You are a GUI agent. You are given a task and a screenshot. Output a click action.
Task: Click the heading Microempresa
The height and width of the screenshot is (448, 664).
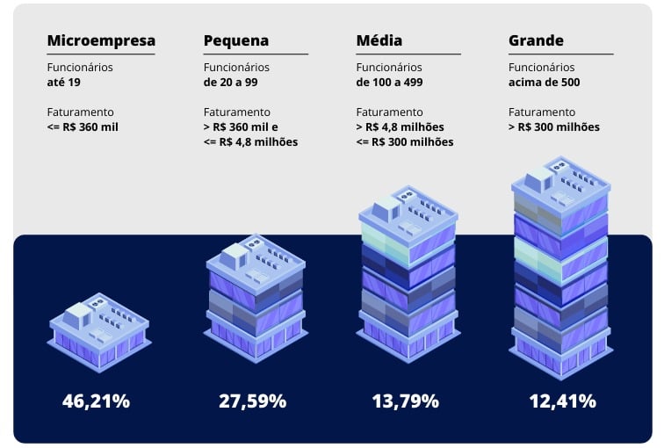(x=101, y=40)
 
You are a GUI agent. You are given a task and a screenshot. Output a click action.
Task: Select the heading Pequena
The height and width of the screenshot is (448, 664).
(x=236, y=40)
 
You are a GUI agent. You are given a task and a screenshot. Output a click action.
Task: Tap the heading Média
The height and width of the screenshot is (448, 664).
(x=380, y=40)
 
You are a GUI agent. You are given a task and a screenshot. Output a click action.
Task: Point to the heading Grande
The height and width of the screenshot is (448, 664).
(x=536, y=40)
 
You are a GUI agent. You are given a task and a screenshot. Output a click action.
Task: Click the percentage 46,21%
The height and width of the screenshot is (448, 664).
(x=96, y=401)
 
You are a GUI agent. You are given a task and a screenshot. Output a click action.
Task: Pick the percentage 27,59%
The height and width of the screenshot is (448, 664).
(x=252, y=401)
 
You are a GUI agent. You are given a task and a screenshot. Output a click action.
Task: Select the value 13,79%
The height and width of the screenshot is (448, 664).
(x=405, y=401)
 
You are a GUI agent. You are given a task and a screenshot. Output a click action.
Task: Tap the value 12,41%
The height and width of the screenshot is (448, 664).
(x=562, y=401)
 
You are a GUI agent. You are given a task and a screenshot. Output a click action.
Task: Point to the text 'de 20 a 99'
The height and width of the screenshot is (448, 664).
(x=234, y=83)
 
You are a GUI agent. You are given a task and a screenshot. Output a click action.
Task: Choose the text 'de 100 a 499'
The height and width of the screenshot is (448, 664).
(x=393, y=83)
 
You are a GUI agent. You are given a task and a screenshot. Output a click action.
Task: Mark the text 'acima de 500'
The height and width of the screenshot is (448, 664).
(x=545, y=83)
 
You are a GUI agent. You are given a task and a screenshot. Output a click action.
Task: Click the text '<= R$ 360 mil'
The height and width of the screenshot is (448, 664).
(x=83, y=127)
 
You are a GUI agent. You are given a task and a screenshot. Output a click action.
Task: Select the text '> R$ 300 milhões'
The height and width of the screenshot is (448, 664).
(x=554, y=127)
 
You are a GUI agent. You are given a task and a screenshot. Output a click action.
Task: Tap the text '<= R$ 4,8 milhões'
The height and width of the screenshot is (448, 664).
(x=250, y=141)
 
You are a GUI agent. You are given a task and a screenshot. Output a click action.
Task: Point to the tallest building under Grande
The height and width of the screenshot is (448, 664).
(x=559, y=264)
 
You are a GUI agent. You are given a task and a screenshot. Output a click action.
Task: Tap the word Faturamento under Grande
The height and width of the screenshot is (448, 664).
(x=542, y=112)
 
